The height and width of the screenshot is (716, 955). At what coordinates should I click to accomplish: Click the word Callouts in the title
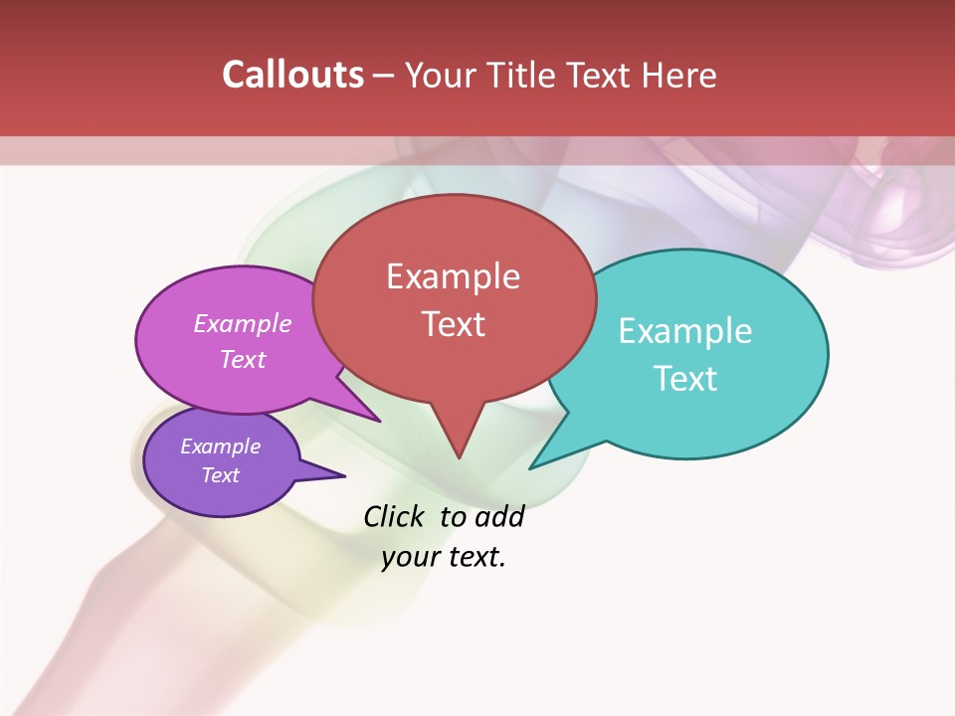click(x=292, y=75)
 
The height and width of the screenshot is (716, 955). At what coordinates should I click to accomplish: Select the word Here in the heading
click(x=680, y=75)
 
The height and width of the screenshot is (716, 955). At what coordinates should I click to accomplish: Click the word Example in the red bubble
click(x=453, y=276)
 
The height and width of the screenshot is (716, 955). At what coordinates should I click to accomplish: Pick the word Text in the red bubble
click(x=453, y=324)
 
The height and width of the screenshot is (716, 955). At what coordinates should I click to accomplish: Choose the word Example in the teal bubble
click(x=685, y=331)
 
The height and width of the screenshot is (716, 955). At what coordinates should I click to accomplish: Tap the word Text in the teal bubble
click(x=685, y=379)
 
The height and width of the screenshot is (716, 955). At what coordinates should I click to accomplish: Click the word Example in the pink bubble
click(x=243, y=323)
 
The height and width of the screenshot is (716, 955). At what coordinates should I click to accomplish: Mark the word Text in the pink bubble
click(x=243, y=359)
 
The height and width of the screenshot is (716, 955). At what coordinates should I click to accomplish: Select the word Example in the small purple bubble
click(x=221, y=447)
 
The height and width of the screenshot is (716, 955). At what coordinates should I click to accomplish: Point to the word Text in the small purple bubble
click(x=221, y=475)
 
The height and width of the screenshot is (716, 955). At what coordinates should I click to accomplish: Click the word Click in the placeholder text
click(x=393, y=517)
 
